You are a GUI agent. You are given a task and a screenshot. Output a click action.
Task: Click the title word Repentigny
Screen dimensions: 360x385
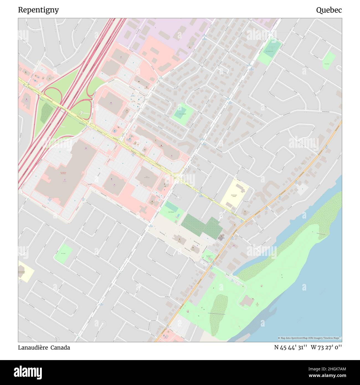[x=38, y=10]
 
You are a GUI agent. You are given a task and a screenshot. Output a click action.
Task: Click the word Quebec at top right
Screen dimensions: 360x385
[x=329, y=10]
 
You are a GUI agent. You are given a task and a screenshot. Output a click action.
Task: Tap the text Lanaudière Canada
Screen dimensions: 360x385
[x=44, y=347]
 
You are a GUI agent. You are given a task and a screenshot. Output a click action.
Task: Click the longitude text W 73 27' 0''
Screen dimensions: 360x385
[x=326, y=347]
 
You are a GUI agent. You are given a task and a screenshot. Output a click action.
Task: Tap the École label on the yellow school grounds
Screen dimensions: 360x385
[x=234, y=195]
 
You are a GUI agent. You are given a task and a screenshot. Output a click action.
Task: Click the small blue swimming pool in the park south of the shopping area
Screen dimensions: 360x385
[x=179, y=215]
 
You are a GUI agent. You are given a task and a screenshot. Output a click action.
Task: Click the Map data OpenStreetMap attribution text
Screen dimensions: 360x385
[x=310, y=338]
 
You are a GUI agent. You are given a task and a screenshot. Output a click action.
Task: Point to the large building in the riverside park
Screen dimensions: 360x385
[x=247, y=301]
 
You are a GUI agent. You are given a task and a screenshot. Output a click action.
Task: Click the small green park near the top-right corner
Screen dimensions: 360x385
[x=328, y=60]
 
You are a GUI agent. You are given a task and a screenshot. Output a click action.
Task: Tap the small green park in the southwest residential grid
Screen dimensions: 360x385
[x=63, y=253]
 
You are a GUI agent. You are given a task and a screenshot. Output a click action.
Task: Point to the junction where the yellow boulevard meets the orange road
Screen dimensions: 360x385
[x=245, y=221]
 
